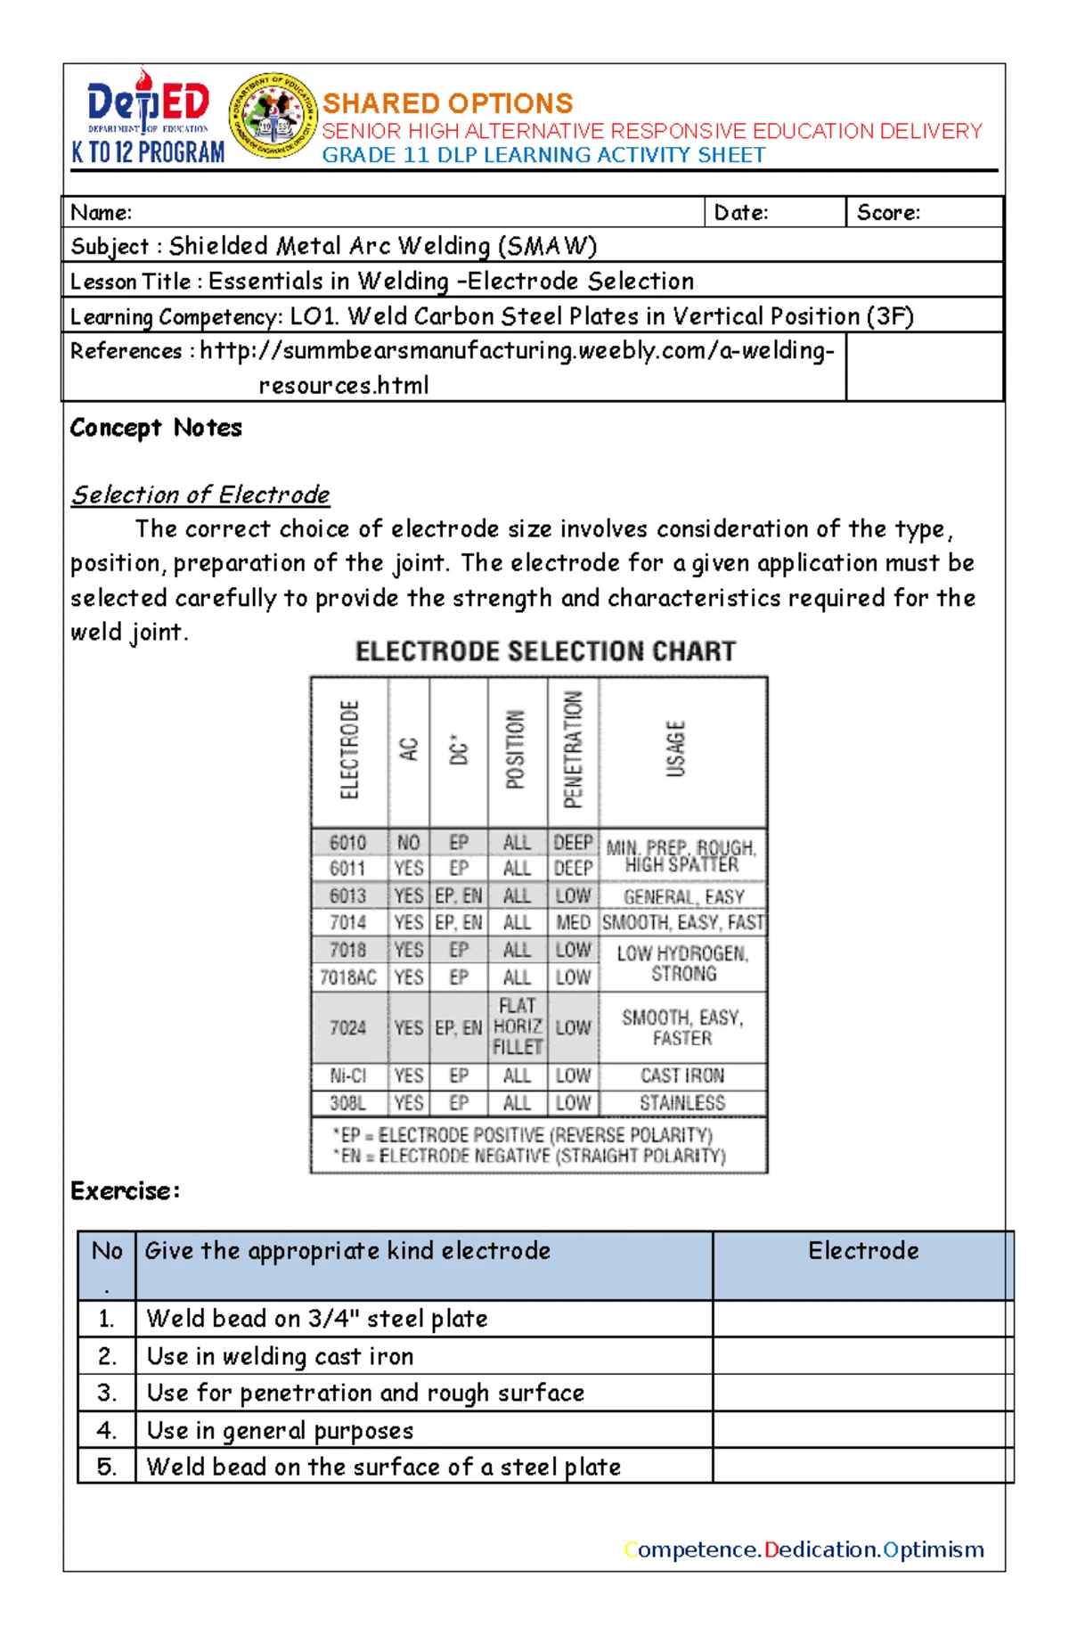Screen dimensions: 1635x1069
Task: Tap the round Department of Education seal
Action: tap(273, 116)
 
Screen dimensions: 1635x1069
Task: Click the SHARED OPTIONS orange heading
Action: tap(447, 102)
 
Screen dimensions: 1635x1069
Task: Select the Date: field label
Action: tap(741, 212)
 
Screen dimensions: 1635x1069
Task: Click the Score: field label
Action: tap(888, 212)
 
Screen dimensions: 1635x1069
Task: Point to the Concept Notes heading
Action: tap(156, 428)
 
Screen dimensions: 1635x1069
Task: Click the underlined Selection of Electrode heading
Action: tap(200, 495)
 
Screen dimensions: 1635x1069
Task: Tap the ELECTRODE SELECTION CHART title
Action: tap(545, 651)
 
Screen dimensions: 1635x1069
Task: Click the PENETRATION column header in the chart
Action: tap(573, 749)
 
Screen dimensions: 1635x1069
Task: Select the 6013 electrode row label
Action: tap(348, 895)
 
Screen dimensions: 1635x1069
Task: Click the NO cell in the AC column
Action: tap(408, 842)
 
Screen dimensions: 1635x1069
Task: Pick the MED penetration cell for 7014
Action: tap(573, 922)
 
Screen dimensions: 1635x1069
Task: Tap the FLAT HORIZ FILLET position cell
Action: tap(518, 1026)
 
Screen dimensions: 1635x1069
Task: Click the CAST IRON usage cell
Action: tap(682, 1075)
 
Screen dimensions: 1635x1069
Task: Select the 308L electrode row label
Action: tap(348, 1103)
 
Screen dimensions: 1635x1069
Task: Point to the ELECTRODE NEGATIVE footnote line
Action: tap(530, 1156)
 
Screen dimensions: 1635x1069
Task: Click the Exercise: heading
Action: tap(125, 1191)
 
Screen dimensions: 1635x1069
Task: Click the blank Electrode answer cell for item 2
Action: tap(862, 1355)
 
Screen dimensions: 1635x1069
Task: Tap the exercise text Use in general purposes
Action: tap(280, 1430)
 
